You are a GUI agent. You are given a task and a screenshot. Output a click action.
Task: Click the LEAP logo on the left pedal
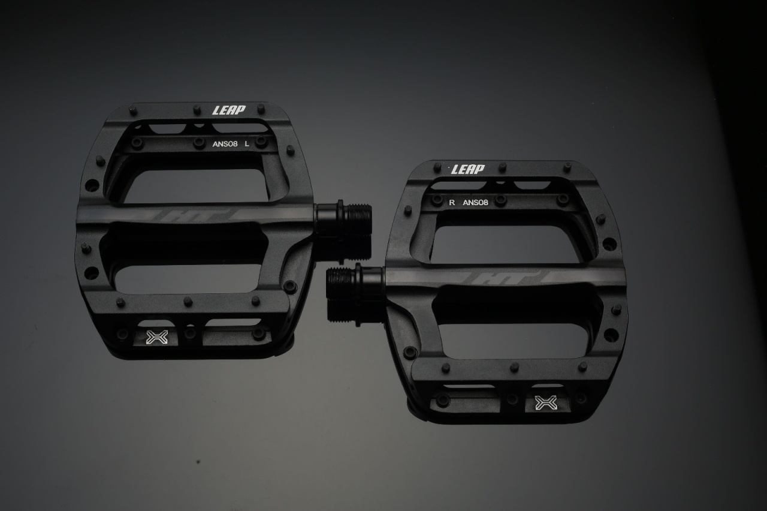coord(229,110)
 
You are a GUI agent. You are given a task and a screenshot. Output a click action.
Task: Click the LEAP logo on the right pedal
coord(468,169)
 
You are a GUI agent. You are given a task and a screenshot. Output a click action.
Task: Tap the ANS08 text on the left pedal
coord(225,144)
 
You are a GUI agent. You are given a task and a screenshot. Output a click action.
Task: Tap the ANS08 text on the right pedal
coord(475,202)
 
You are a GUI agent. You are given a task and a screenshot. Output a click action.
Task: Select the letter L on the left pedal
coord(246,144)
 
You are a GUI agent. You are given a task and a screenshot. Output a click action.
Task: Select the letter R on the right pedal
coord(452,202)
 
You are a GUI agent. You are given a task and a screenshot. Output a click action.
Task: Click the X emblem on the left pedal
coord(157,337)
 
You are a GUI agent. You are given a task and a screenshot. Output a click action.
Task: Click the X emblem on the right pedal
coord(546,402)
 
